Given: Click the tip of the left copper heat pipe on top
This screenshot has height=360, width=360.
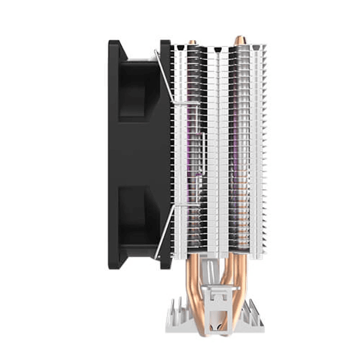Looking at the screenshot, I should (x=192, y=42).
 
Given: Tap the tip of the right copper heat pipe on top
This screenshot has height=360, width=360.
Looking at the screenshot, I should (x=238, y=40).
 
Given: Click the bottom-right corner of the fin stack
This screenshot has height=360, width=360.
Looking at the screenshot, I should (x=265, y=260).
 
